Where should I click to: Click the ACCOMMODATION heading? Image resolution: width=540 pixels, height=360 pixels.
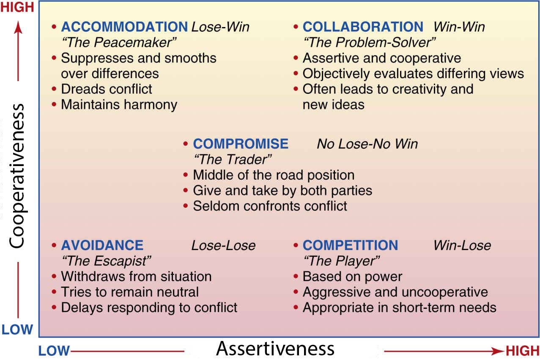pyautogui.click(x=124, y=27)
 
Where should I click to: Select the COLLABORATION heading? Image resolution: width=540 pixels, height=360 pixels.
pyautogui.click(x=363, y=27)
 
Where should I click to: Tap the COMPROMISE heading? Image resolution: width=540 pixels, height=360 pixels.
pyautogui.click(x=241, y=144)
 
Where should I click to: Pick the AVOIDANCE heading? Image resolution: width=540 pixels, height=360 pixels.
pyautogui.click(x=102, y=245)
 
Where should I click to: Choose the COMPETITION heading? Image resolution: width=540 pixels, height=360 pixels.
pyautogui.click(x=350, y=245)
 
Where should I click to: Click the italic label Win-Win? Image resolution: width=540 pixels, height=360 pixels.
pyautogui.click(x=459, y=27)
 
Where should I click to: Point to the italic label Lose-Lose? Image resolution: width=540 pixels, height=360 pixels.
pyautogui.click(x=223, y=245)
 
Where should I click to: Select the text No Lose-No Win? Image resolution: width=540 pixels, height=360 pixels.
pyautogui.click(x=367, y=144)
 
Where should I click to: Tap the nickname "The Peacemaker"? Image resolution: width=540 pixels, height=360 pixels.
pyautogui.click(x=118, y=42)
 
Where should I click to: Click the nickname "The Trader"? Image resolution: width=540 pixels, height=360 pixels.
pyautogui.click(x=232, y=159)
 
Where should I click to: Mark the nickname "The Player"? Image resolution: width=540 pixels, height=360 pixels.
pyautogui.click(x=341, y=261)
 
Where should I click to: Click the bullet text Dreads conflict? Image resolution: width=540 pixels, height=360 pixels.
pyautogui.click(x=107, y=89)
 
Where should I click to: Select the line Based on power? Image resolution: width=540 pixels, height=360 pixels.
pyautogui.click(x=352, y=277)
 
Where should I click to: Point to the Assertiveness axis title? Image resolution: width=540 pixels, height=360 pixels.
pyautogui.click(x=275, y=349)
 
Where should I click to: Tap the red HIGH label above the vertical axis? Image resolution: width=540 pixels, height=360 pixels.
pyautogui.click(x=18, y=8)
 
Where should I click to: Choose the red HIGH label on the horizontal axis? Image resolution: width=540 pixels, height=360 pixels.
pyautogui.click(x=522, y=351)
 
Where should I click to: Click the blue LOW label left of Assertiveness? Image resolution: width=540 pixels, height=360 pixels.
pyautogui.click(x=55, y=351)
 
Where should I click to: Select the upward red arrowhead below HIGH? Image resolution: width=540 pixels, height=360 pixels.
pyautogui.click(x=18, y=27)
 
